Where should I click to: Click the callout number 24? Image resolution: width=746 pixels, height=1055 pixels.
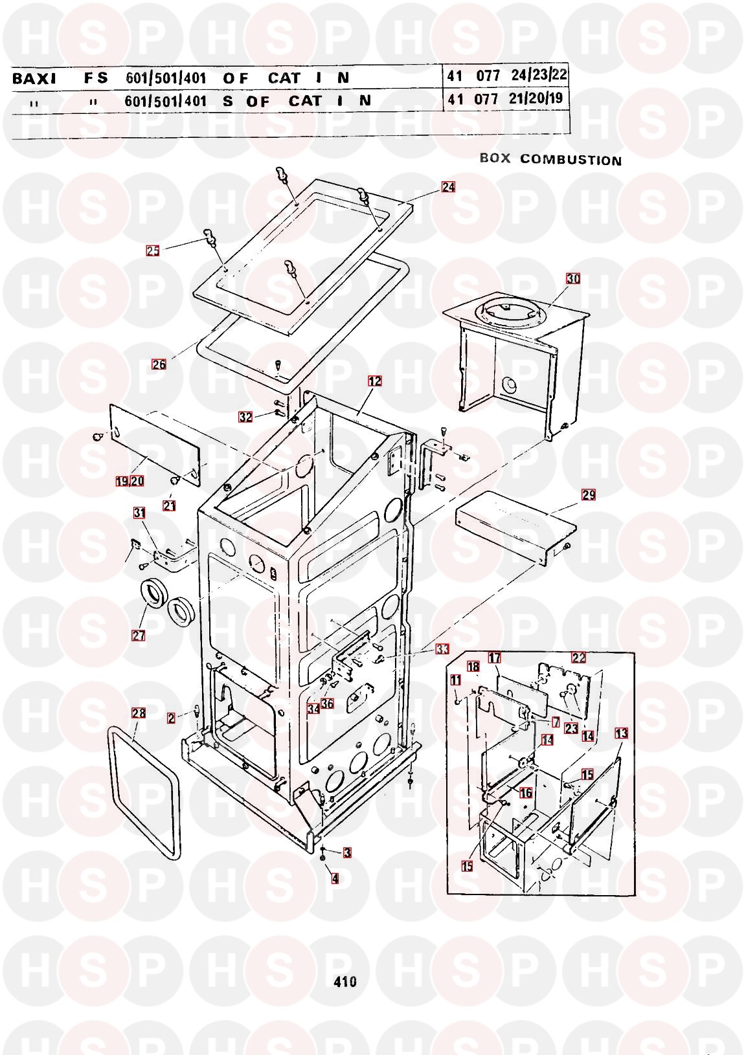click(x=448, y=187)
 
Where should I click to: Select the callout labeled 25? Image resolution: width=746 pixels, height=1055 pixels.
click(x=152, y=250)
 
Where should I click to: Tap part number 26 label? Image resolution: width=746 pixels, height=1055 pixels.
click(x=159, y=364)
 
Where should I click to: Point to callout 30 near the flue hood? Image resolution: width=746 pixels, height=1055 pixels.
click(x=573, y=279)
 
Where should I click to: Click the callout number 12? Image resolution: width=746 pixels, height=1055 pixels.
click(x=374, y=381)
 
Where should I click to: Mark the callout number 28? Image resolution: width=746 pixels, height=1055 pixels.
click(x=139, y=713)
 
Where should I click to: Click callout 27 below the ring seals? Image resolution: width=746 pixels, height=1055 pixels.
click(x=139, y=635)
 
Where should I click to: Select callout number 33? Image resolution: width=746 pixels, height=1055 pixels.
click(x=442, y=649)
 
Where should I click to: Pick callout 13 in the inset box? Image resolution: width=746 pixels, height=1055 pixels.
click(x=621, y=733)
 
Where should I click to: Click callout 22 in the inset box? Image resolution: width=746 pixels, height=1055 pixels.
click(x=578, y=658)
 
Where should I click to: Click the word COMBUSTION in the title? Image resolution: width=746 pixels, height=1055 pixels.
click(x=571, y=160)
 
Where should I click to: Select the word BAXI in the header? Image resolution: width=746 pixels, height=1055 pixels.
click(x=34, y=78)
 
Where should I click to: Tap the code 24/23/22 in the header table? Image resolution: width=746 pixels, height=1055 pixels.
click(x=539, y=75)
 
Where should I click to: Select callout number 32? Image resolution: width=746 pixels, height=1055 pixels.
click(x=245, y=417)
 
